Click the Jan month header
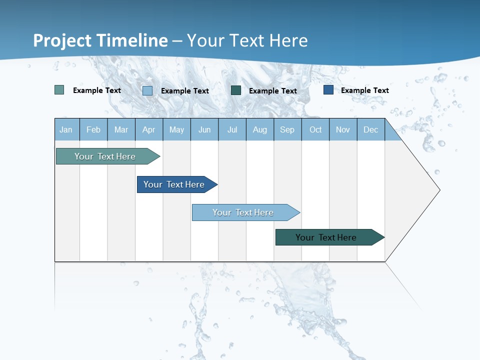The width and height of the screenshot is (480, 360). [x=66, y=129]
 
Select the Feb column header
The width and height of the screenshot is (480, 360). [x=93, y=129]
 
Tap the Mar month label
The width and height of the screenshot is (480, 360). [x=121, y=129]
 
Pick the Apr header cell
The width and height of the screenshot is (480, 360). [x=149, y=129]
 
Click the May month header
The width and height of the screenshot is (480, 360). [x=176, y=129]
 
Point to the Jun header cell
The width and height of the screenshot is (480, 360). [x=204, y=129]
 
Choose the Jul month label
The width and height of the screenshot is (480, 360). [x=232, y=129]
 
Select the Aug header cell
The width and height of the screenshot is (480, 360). [x=260, y=129]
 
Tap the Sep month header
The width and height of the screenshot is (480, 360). [x=287, y=129]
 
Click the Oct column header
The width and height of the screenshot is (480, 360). [x=315, y=129]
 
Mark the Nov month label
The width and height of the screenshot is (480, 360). [x=343, y=129]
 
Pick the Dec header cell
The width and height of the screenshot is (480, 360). [x=371, y=129]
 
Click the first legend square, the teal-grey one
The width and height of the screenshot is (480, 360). [x=59, y=90]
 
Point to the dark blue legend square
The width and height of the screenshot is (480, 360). [x=328, y=90]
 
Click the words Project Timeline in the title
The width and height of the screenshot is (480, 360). [x=100, y=40]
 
